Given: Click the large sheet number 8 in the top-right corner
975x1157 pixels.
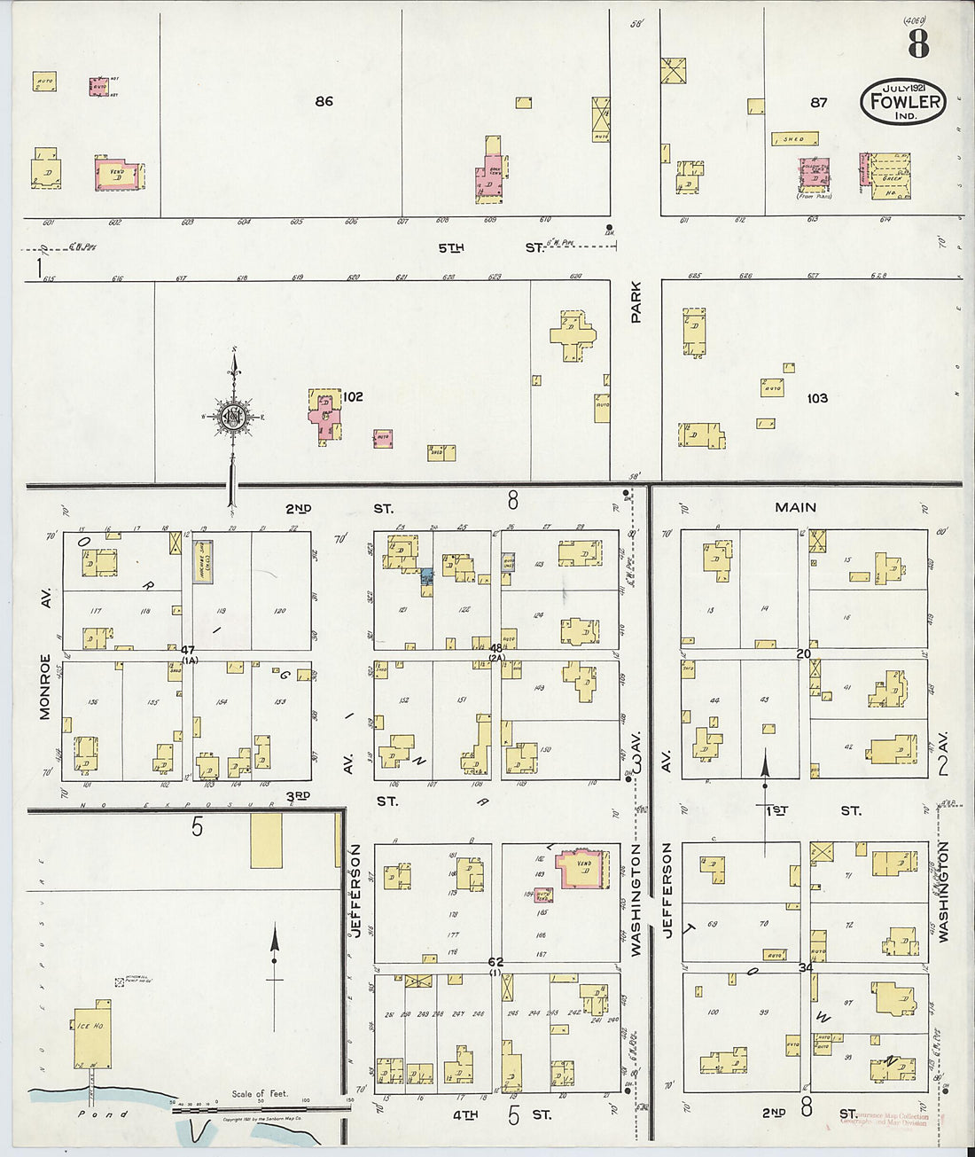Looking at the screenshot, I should click(918, 43).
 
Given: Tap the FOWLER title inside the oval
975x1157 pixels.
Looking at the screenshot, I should click(903, 100).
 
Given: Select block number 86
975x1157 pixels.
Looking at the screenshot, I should click(324, 101).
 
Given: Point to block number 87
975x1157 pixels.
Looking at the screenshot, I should click(818, 103).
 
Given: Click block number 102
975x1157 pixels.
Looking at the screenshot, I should click(353, 396).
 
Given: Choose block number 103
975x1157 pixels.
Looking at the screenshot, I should click(816, 398).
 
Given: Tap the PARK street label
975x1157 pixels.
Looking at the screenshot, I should click(636, 301).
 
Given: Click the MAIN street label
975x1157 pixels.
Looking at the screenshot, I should click(795, 507).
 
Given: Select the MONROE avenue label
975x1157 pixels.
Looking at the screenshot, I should click(45, 685).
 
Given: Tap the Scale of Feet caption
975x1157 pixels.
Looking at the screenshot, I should click(260, 1094).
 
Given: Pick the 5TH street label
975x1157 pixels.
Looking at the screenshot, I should click(451, 247).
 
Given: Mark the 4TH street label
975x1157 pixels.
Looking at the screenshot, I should click(464, 1114).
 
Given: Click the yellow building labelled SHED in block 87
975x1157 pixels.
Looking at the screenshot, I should click(794, 139).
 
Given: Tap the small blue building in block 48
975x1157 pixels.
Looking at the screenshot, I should click(426, 576).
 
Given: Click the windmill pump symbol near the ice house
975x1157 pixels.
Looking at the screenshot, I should click(119, 982).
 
